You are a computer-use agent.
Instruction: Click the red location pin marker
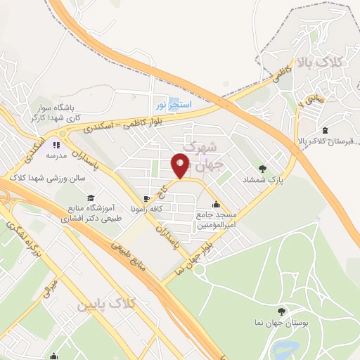point(181,166)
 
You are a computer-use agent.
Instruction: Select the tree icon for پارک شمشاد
point(262,168)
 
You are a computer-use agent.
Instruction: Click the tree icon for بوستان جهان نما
point(282,311)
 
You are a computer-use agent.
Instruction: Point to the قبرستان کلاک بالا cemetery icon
point(324,130)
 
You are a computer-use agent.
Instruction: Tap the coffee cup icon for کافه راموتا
point(146,199)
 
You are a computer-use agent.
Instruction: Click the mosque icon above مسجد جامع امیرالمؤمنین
point(215,205)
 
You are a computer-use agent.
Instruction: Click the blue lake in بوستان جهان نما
point(289,348)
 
